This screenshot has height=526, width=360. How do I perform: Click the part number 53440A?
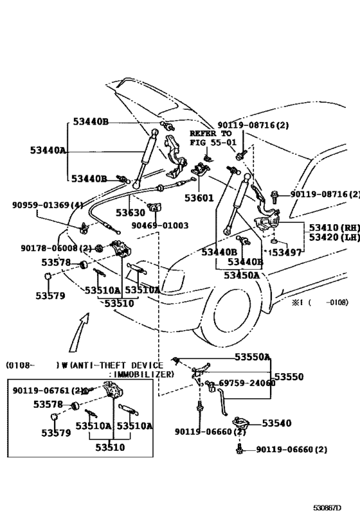click(x=48, y=150)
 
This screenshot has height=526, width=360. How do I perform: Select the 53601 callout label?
click(x=201, y=198)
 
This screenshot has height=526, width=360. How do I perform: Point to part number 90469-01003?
click(x=160, y=225)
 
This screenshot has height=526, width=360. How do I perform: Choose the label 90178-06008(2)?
click(x=56, y=248)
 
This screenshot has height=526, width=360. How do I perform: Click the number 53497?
click(x=286, y=252)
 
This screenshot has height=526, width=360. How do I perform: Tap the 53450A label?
click(x=242, y=276)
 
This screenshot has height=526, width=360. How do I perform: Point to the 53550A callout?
click(x=252, y=356)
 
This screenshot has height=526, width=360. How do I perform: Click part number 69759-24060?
click(x=247, y=383)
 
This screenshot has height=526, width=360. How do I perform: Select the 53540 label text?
click(x=276, y=423)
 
